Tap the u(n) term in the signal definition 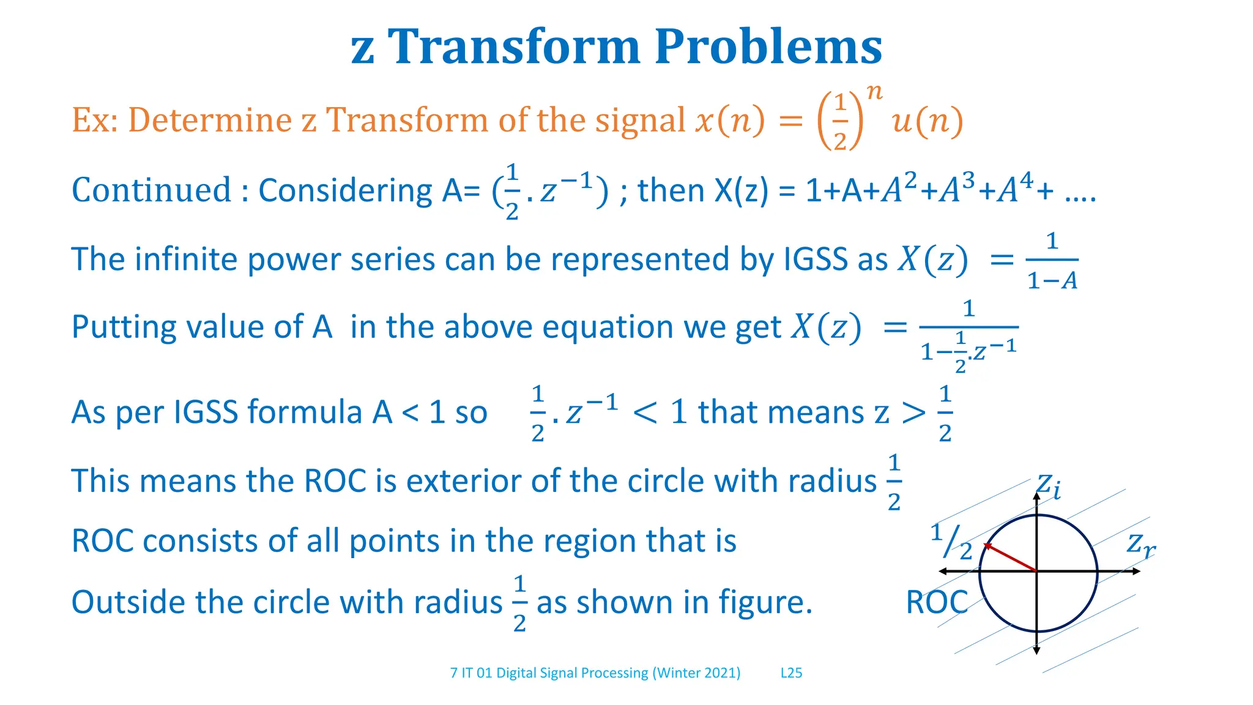click(x=927, y=121)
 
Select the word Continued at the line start click(x=151, y=190)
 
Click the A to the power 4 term click(x=1015, y=189)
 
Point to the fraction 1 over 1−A click(x=1052, y=261)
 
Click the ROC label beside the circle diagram click(x=936, y=602)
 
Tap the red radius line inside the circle click(x=1010, y=557)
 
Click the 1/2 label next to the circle click(x=952, y=542)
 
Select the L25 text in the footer click(x=791, y=673)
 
